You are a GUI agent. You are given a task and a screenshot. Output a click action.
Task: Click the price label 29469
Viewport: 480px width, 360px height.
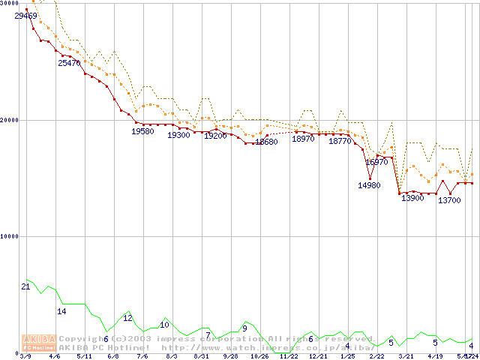click(x=26, y=16)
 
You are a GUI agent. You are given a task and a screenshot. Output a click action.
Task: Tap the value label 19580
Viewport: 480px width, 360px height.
click(x=143, y=130)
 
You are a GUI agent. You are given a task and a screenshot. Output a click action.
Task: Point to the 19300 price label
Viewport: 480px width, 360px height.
click(x=178, y=135)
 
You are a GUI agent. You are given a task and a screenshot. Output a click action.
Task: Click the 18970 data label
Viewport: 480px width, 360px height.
click(x=304, y=139)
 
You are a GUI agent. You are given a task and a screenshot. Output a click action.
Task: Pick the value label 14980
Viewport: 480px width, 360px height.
click(x=369, y=185)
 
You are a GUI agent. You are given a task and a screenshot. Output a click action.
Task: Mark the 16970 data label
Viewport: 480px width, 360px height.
click(x=376, y=162)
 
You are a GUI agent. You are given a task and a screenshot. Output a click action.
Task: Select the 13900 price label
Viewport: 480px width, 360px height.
click(x=412, y=198)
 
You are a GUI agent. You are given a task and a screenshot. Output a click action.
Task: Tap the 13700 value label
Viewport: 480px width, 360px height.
click(x=449, y=200)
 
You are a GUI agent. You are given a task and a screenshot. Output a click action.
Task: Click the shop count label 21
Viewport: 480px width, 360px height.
click(x=25, y=286)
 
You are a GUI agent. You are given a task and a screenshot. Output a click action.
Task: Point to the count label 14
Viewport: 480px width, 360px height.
click(x=62, y=310)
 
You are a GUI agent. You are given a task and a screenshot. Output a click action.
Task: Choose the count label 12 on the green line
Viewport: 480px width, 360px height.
click(x=127, y=318)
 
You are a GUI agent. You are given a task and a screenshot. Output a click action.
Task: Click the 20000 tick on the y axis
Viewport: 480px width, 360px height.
click(x=10, y=120)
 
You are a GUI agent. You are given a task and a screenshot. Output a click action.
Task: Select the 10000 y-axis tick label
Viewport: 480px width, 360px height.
click(x=10, y=236)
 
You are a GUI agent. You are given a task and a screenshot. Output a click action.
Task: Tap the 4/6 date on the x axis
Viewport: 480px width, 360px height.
click(x=54, y=356)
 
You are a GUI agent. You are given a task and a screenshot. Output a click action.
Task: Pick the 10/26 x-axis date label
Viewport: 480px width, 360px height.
click(x=259, y=356)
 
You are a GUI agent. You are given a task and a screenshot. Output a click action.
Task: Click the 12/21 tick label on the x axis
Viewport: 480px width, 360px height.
click(x=317, y=356)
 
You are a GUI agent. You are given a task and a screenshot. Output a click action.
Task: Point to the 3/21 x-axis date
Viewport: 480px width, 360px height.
click(x=405, y=356)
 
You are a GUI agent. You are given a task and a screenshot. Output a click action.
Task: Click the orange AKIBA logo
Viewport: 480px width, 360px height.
click(x=39, y=342)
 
